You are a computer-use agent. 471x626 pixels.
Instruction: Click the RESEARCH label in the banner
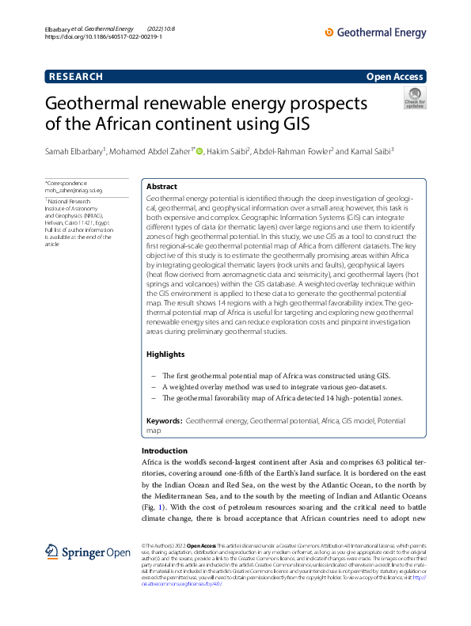pyautogui.click(x=76, y=77)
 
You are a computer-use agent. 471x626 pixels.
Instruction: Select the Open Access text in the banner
pyautogui.click(x=396, y=77)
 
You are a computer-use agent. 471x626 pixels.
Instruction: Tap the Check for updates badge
pyautogui.click(x=414, y=99)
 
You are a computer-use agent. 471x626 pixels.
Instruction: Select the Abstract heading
pyautogui.click(x=161, y=186)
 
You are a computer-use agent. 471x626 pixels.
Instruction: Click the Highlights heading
pyautogui.click(x=165, y=355)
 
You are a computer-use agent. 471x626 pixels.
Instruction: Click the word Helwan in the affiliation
pyautogui.click(x=56, y=222)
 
